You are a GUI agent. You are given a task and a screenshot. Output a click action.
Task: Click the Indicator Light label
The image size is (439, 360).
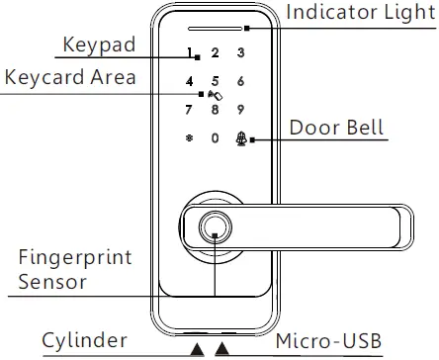pos(359,13)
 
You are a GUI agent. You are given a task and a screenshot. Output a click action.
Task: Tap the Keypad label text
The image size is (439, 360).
pos(99,45)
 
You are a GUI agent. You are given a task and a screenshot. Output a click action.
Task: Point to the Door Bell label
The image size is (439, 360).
pos(336,129)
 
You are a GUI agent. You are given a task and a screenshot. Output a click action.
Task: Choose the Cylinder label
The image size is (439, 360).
pos(84,341)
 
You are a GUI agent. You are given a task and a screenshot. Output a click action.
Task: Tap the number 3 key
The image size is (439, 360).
pos(241,52)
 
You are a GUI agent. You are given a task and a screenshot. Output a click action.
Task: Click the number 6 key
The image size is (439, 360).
pos(241,81)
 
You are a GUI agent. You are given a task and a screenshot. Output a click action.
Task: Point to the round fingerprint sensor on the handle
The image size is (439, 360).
pos(215,228)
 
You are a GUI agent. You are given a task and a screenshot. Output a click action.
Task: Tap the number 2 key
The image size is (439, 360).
pos(215,52)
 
